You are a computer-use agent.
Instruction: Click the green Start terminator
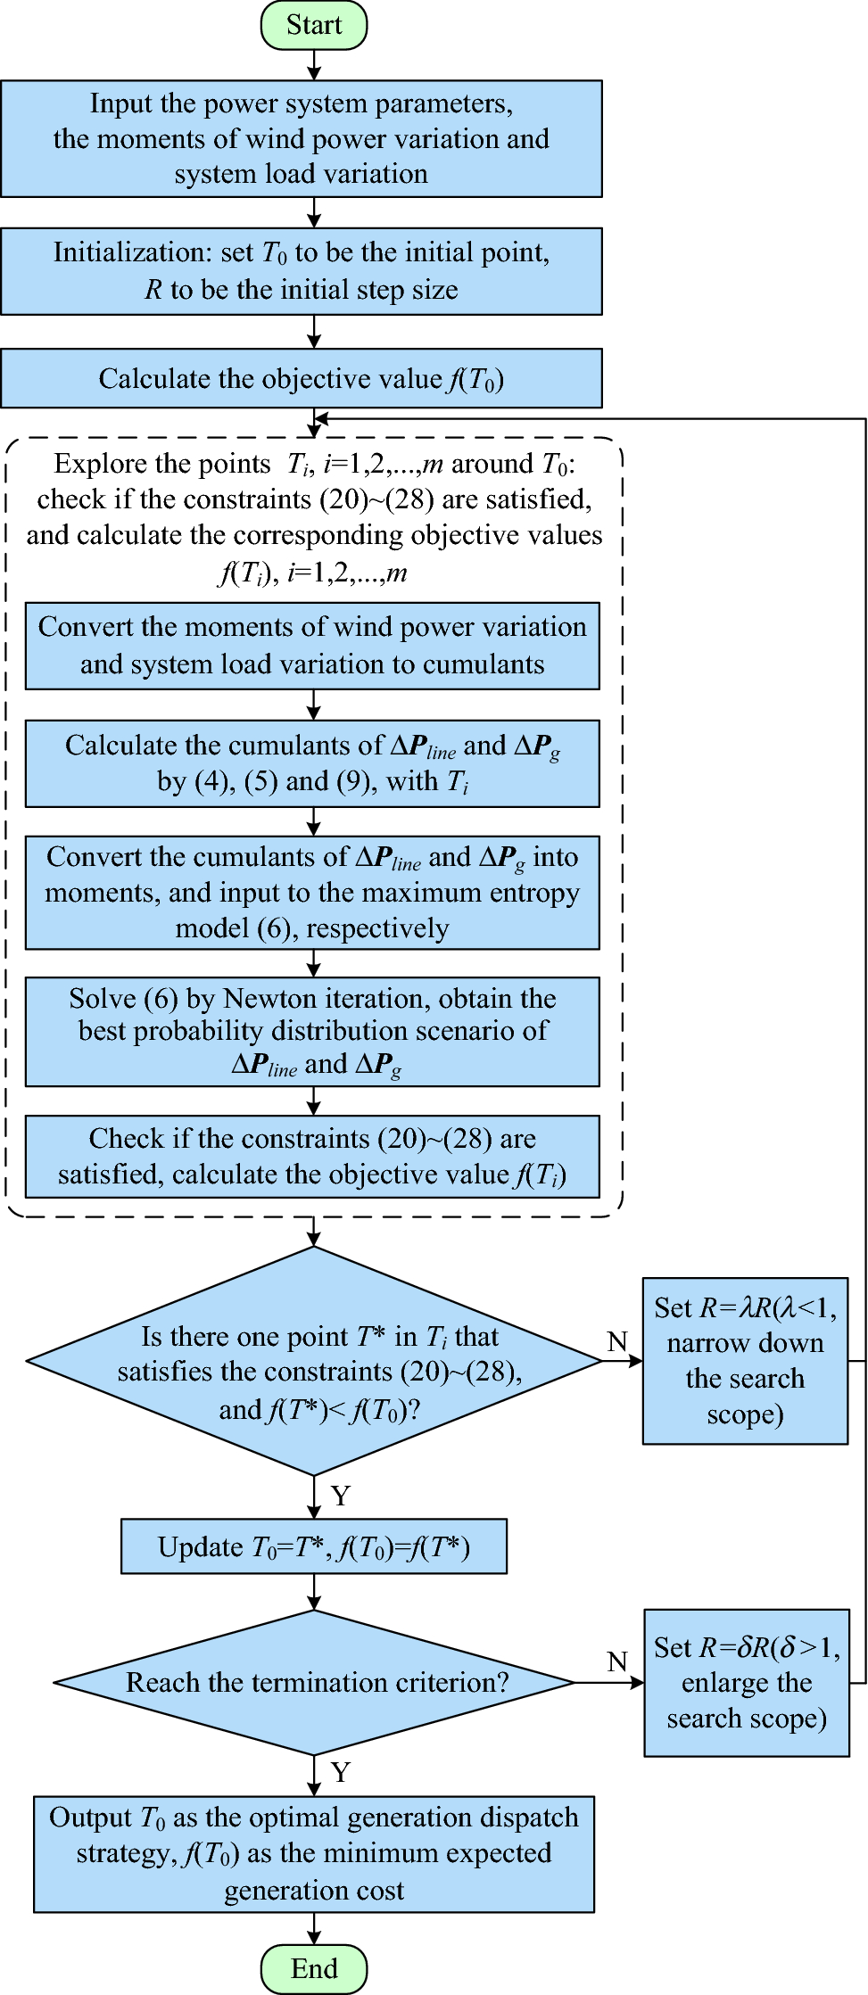pyautogui.click(x=313, y=25)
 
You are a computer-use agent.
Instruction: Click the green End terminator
pyautogui.click(x=313, y=1968)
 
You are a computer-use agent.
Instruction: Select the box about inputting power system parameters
pyautogui.click(x=301, y=138)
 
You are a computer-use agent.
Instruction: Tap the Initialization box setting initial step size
pyautogui.click(x=301, y=271)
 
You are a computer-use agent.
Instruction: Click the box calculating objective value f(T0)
pyautogui.click(x=301, y=378)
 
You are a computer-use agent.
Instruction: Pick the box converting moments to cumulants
pyautogui.click(x=312, y=646)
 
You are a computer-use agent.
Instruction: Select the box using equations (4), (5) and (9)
pyautogui.click(x=312, y=763)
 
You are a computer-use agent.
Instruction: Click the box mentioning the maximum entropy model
pyautogui.click(x=312, y=892)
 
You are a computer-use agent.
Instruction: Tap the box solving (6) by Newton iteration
pyautogui.click(x=312, y=1031)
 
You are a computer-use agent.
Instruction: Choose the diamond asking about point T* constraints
pyautogui.click(x=314, y=1361)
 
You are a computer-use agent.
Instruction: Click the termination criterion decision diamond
pyautogui.click(x=314, y=1682)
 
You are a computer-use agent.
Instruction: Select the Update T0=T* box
pyautogui.click(x=314, y=1546)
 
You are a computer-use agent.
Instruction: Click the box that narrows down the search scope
pyautogui.click(x=745, y=1361)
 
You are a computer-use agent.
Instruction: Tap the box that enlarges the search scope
pyautogui.click(x=747, y=1682)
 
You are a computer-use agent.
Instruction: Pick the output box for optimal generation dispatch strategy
pyautogui.click(x=314, y=1853)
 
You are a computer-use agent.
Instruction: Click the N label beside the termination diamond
pyautogui.click(x=617, y=1661)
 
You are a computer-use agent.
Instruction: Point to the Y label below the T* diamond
pyautogui.click(x=341, y=1496)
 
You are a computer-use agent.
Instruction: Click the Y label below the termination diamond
pyautogui.click(x=341, y=1771)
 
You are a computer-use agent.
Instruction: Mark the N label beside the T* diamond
pyautogui.click(x=617, y=1341)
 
